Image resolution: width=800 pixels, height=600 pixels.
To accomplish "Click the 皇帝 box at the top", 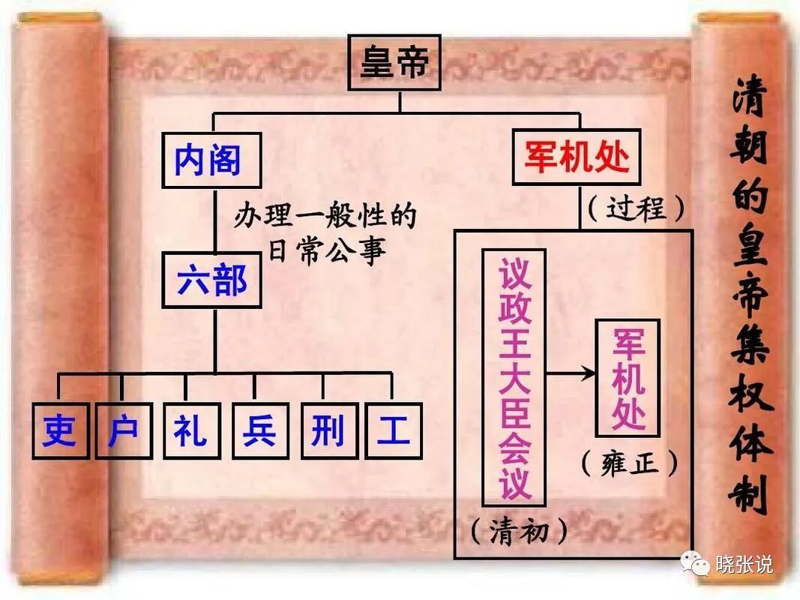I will (395, 62).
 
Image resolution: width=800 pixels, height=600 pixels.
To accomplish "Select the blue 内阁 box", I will (211, 160).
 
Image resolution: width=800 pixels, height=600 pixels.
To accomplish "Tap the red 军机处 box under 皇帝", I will (576, 157).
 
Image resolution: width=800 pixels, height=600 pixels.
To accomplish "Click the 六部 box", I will (212, 280).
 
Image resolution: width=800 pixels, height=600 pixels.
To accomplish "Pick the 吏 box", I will (60, 430).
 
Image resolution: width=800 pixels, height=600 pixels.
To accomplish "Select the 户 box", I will (124, 430).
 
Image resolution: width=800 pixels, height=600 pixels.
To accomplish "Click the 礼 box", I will (191, 430).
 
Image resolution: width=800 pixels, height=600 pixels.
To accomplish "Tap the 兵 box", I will (259, 430).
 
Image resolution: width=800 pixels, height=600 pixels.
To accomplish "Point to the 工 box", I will (394, 430).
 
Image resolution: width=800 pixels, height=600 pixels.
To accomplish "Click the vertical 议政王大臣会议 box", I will (514, 377).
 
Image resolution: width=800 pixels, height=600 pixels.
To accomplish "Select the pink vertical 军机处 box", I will (628, 377).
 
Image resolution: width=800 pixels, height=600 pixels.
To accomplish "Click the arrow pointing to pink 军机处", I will (571, 372).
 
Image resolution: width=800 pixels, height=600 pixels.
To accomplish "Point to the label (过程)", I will (636, 208).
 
